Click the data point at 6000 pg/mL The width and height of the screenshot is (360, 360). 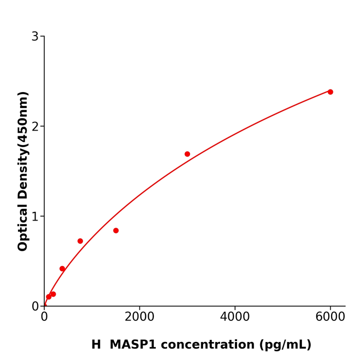pos(330,92)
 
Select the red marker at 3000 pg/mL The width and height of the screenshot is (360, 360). pos(187,154)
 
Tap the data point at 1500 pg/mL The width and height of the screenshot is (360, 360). pos(116,230)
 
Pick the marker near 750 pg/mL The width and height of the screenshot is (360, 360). pos(80,241)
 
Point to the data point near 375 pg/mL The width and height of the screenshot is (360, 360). pos(62,268)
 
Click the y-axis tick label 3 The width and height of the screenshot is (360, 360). pos(35,37)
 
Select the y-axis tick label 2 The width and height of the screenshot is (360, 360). pos(35,127)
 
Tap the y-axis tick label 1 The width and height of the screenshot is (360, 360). pos(35,217)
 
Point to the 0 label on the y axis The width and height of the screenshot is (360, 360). pos(35,307)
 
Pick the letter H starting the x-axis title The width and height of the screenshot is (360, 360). pos(96,345)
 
